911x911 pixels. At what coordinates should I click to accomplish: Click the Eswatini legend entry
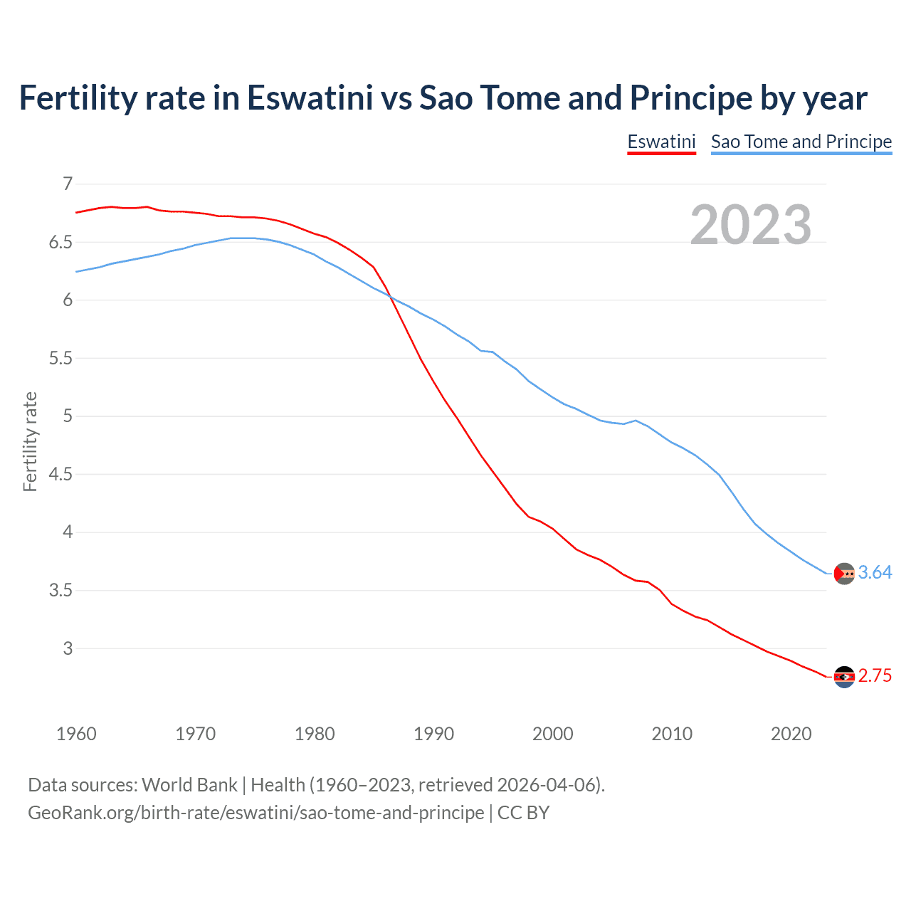tap(661, 142)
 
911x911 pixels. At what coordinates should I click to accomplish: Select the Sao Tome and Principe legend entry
tap(801, 142)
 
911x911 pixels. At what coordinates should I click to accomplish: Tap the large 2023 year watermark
tap(751, 225)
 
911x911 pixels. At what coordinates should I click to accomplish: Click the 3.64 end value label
tap(875, 572)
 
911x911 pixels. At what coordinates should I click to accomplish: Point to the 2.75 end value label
tap(875, 675)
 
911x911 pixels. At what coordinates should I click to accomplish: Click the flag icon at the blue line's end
tap(844, 574)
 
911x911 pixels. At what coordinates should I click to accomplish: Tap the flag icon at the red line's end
tap(844, 677)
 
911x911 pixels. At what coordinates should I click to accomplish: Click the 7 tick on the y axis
tap(68, 184)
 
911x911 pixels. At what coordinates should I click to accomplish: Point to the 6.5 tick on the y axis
tap(60, 242)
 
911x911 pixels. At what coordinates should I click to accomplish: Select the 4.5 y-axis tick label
tap(60, 474)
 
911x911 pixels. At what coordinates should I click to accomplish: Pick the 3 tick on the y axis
tap(68, 648)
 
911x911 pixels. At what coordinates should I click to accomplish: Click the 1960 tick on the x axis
tap(76, 734)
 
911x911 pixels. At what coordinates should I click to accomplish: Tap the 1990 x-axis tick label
tap(433, 734)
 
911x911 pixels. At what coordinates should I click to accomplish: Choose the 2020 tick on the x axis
tap(791, 734)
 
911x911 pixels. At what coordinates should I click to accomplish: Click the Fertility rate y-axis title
tap(30, 441)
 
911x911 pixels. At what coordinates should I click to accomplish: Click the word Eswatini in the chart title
tap(310, 98)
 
